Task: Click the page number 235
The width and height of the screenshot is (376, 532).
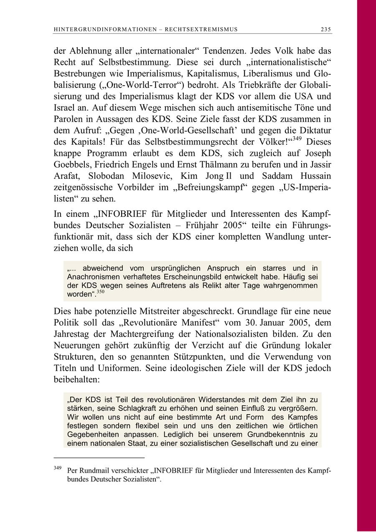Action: (326, 29)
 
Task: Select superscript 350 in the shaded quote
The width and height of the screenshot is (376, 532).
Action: (100, 292)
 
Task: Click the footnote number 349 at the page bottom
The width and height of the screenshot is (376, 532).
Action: (58, 468)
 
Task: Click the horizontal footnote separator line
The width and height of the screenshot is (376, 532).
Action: (99, 458)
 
